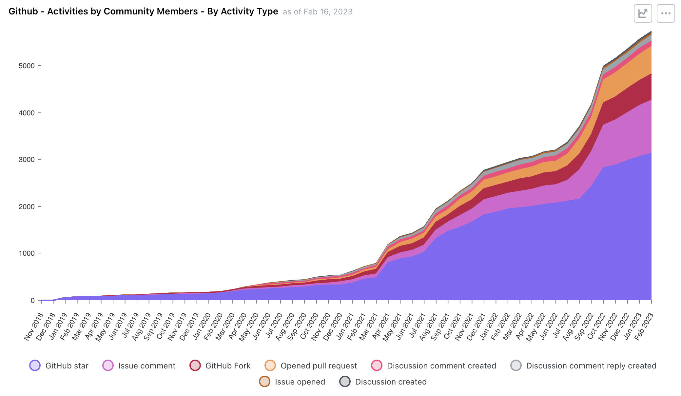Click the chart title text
143,11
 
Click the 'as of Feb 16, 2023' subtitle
318,12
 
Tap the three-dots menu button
666,13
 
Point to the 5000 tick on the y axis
27,66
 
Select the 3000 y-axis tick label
27,160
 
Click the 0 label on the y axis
32,300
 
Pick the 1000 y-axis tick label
27,253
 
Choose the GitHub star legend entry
59,366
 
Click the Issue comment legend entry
139,366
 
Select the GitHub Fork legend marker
195,366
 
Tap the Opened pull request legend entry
311,366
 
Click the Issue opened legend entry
292,382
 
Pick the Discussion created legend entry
383,382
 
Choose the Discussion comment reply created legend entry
583,366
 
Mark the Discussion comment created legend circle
377,366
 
